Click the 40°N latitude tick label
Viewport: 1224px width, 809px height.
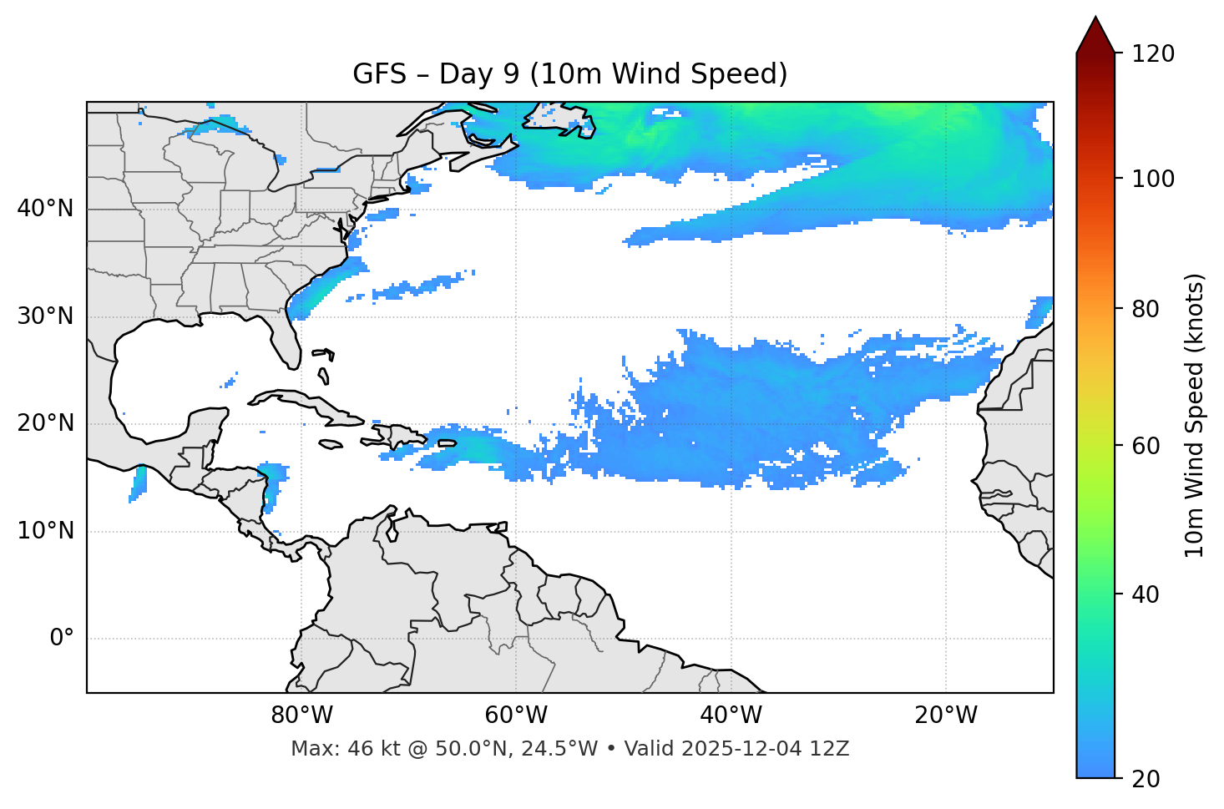click(x=45, y=209)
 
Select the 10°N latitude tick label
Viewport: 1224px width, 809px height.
click(x=45, y=531)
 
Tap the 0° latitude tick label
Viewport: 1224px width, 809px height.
click(x=61, y=639)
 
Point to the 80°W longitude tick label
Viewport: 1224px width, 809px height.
click(x=301, y=715)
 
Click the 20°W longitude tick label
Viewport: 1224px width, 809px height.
click(x=946, y=715)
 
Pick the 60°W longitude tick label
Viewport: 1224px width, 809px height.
click(x=516, y=715)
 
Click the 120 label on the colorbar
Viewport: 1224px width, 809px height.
click(x=1153, y=54)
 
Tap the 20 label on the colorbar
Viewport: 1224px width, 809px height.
click(x=1146, y=779)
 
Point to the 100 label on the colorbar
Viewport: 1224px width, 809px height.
click(x=1153, y=179)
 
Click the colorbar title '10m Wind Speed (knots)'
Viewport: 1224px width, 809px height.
click(x=1195, y=415)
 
